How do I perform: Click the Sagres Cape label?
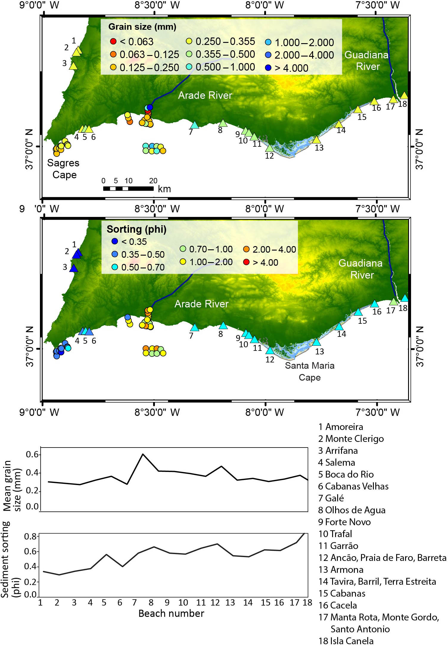pos(63,169)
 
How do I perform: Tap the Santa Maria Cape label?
pos(309,371)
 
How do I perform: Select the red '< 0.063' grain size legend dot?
pos(113,41)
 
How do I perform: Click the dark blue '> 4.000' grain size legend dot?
pos(268,68)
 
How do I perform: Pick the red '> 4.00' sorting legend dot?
pos(246,262)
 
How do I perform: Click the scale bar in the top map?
pos(128,188)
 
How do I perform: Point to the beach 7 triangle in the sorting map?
pos(195,328)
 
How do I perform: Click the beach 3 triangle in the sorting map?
pos(74,268)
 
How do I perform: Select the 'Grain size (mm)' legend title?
pos(142,27)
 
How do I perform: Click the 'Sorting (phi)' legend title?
pos(136,229)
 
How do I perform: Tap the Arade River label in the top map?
pos(205,95)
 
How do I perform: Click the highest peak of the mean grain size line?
pos(143,454)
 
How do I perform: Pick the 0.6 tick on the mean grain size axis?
pos(32,454)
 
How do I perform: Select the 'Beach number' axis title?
pos(171,614)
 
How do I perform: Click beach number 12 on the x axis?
pos(215,603)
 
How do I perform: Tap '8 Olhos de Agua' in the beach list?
pos(351,510)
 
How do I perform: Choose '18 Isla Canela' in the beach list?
pos(346,641)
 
